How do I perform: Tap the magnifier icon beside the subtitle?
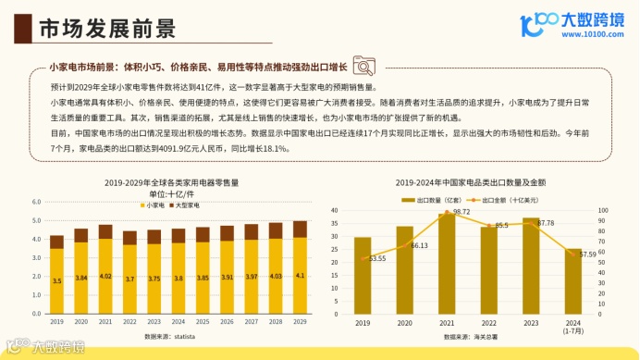pos(363,67)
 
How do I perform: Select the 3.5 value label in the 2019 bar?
pos(57,280)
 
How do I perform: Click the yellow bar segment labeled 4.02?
pos(105,276)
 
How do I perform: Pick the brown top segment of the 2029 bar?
pos(299,229)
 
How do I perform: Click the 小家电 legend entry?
pos(156,205)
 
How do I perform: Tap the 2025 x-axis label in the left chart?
pos(202,321)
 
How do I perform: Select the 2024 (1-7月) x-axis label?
pos(572,326)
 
